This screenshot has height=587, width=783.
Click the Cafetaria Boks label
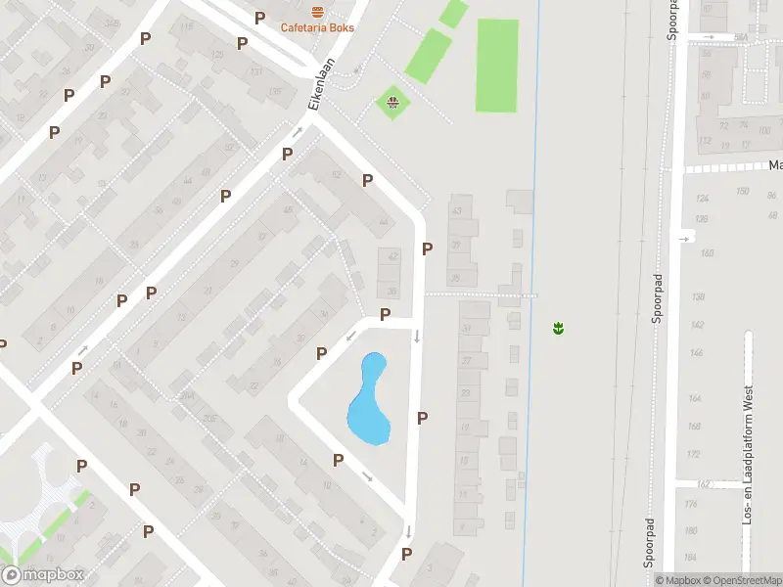317,27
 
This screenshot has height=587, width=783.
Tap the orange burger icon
317,12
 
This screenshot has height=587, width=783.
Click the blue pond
369,399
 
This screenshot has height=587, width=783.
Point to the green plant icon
558,329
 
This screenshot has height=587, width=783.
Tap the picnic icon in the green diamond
392,101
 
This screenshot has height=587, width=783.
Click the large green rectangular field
496,66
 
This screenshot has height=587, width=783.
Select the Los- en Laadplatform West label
748,454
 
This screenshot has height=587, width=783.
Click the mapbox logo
42,575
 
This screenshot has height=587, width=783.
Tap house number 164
695,398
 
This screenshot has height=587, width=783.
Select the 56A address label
741,37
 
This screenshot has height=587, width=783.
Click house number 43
455,210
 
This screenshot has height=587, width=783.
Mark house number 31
467,330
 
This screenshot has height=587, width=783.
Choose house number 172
695,455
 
